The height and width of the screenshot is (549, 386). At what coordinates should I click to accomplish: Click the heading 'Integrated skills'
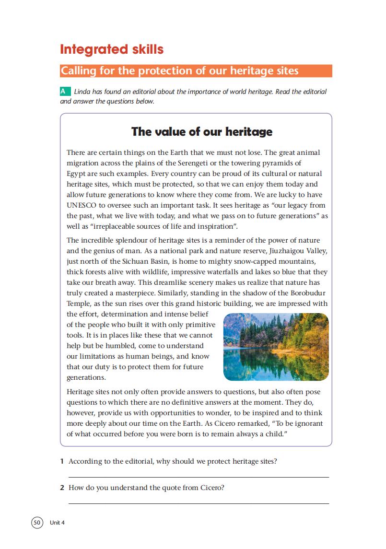click(111, 49)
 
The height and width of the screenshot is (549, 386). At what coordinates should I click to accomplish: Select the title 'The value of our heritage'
click(202, 131)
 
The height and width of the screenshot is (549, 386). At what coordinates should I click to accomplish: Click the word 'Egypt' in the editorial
click(76, 174)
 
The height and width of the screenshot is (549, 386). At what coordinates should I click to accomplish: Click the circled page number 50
click(37, 522)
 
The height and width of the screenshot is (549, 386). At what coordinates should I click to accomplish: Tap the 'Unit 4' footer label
click(57, 523)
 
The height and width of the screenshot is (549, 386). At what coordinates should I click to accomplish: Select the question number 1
click(62, 462)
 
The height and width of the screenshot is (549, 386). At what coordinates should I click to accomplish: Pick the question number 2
click(62, 488)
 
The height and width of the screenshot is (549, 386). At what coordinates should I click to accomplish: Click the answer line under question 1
click(199, 477)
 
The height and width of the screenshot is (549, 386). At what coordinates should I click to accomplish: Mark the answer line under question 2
click(199, 503)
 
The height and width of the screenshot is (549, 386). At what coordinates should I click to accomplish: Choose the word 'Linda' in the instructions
click(82, 92)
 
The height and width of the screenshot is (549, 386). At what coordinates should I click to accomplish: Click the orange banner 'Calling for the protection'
click(196, 71)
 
